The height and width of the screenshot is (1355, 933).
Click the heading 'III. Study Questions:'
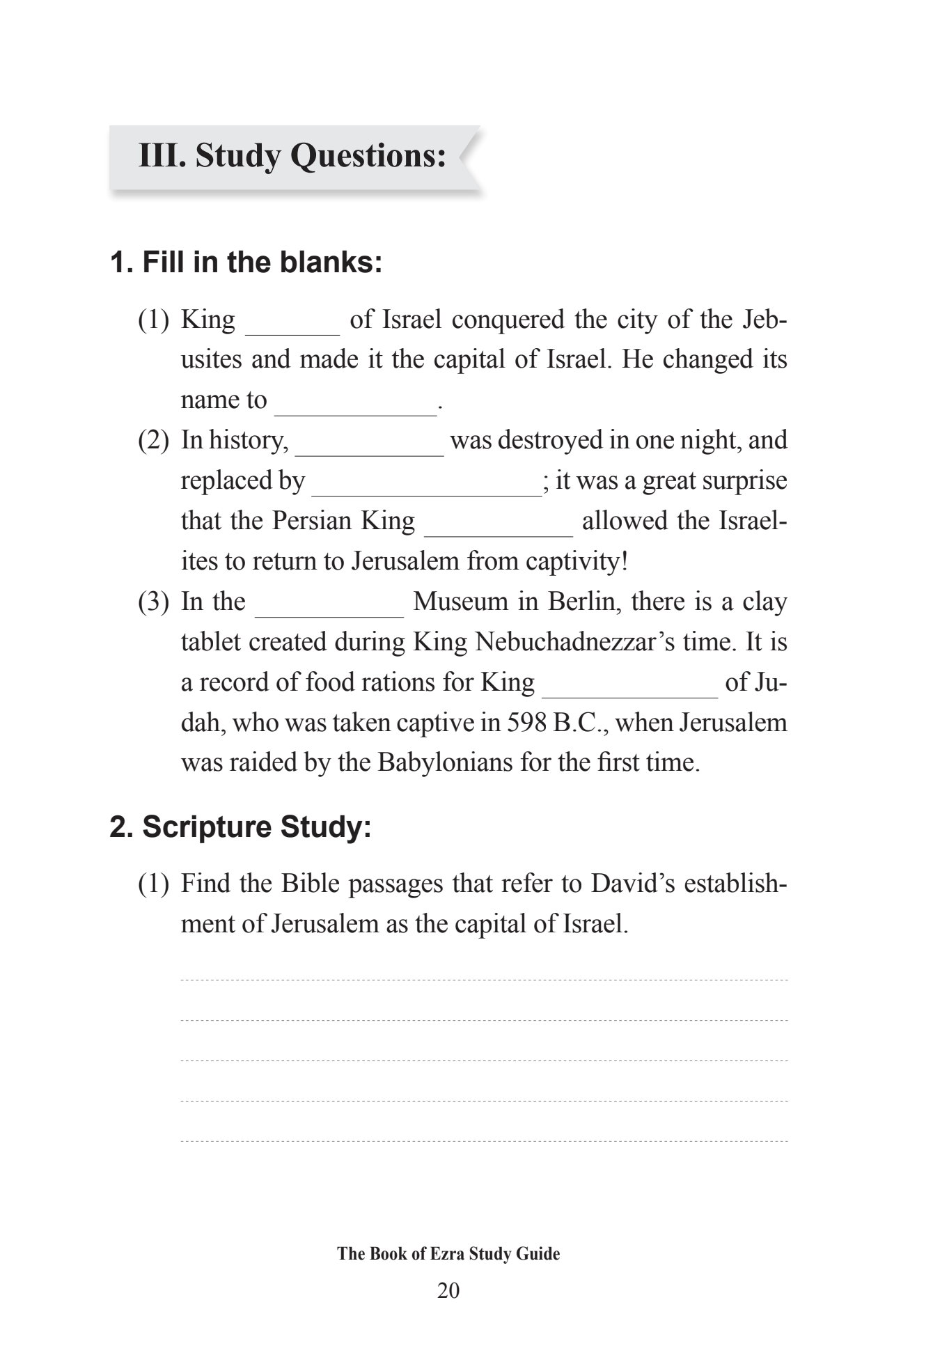pyautogui.click(x=292, y=155)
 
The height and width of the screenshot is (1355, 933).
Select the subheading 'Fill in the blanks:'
pyautogui.click(x=246, y=263)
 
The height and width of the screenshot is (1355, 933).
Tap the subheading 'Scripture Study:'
pyautogui.click(x=241, y=827)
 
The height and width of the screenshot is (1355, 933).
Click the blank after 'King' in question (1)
pyautogui.click(x=292, y=327)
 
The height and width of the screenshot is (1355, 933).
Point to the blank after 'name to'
pyautogui.click(x=355, y=408)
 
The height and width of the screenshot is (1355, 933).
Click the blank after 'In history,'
pyautogui.click(x=369, y=448)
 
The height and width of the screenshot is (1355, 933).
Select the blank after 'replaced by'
pyautogui.click(x=426, y=489)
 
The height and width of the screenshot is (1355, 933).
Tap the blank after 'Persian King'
pyautogui.click(x=498, y=529)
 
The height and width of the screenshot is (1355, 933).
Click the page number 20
pyautogui.click(x=448, y=1291)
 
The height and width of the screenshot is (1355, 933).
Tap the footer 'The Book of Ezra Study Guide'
pyautogui.click(x=448, y=1254)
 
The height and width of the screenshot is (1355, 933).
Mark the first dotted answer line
pyautogui.click(x=484, y=980)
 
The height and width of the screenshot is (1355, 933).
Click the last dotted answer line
pyautogui.click(x=484, y=1142)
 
